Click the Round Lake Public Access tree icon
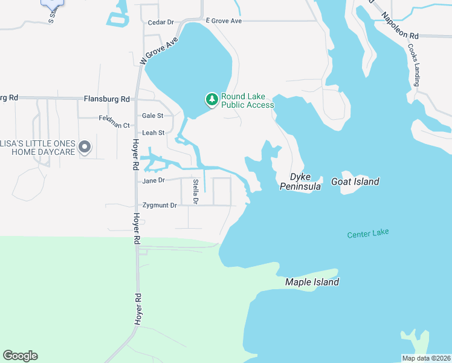click(x=211, y=99)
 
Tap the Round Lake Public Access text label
click(x=247, y=100)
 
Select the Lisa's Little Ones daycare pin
click(x=85, y=147)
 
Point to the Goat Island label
click(x=355, y=181)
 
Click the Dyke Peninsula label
click(x=300, y=181)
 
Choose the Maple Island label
click(x=312, y=282)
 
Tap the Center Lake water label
click(x=368, y=234)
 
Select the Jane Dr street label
click(x=153, y=180)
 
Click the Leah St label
click(x=153, y=132)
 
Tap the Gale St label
click(x=152, y=116)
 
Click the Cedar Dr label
click(x=161, y=22)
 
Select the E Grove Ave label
click(x=224, y=21)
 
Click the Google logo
click(x=20, y=356)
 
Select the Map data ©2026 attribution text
click(x=426, y=358)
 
